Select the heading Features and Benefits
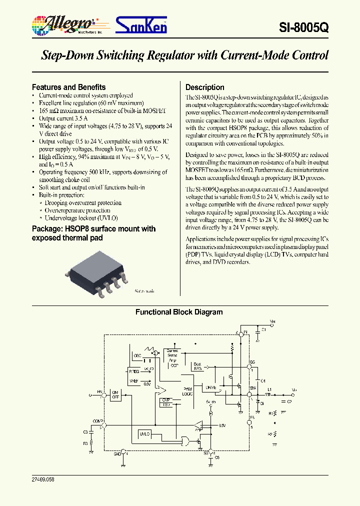coord(68,87)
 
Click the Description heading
coord(204,87)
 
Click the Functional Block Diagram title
coord(179,312)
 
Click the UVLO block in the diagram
coord(144,433)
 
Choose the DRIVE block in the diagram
coord(210,387)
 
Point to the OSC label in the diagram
coord(137,355)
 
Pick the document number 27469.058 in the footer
coord(42,479)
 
